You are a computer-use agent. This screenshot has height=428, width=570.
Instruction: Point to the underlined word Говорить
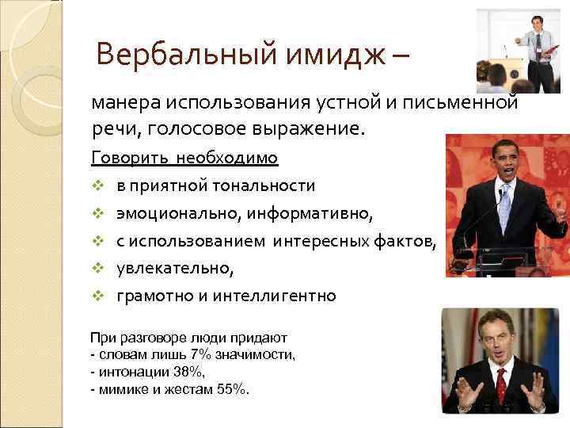124,158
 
